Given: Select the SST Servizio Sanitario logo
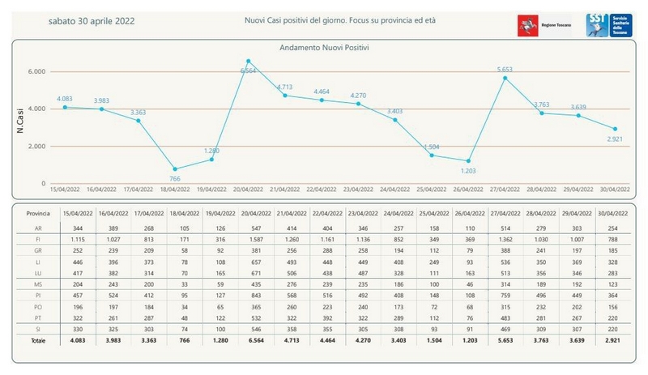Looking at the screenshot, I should [603, 24].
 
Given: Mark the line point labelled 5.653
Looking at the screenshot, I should [505, 78].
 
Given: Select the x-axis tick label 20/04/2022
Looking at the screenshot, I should [249, 190].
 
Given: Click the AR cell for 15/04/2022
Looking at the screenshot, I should [79, 229].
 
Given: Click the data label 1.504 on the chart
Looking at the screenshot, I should [432, 146].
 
